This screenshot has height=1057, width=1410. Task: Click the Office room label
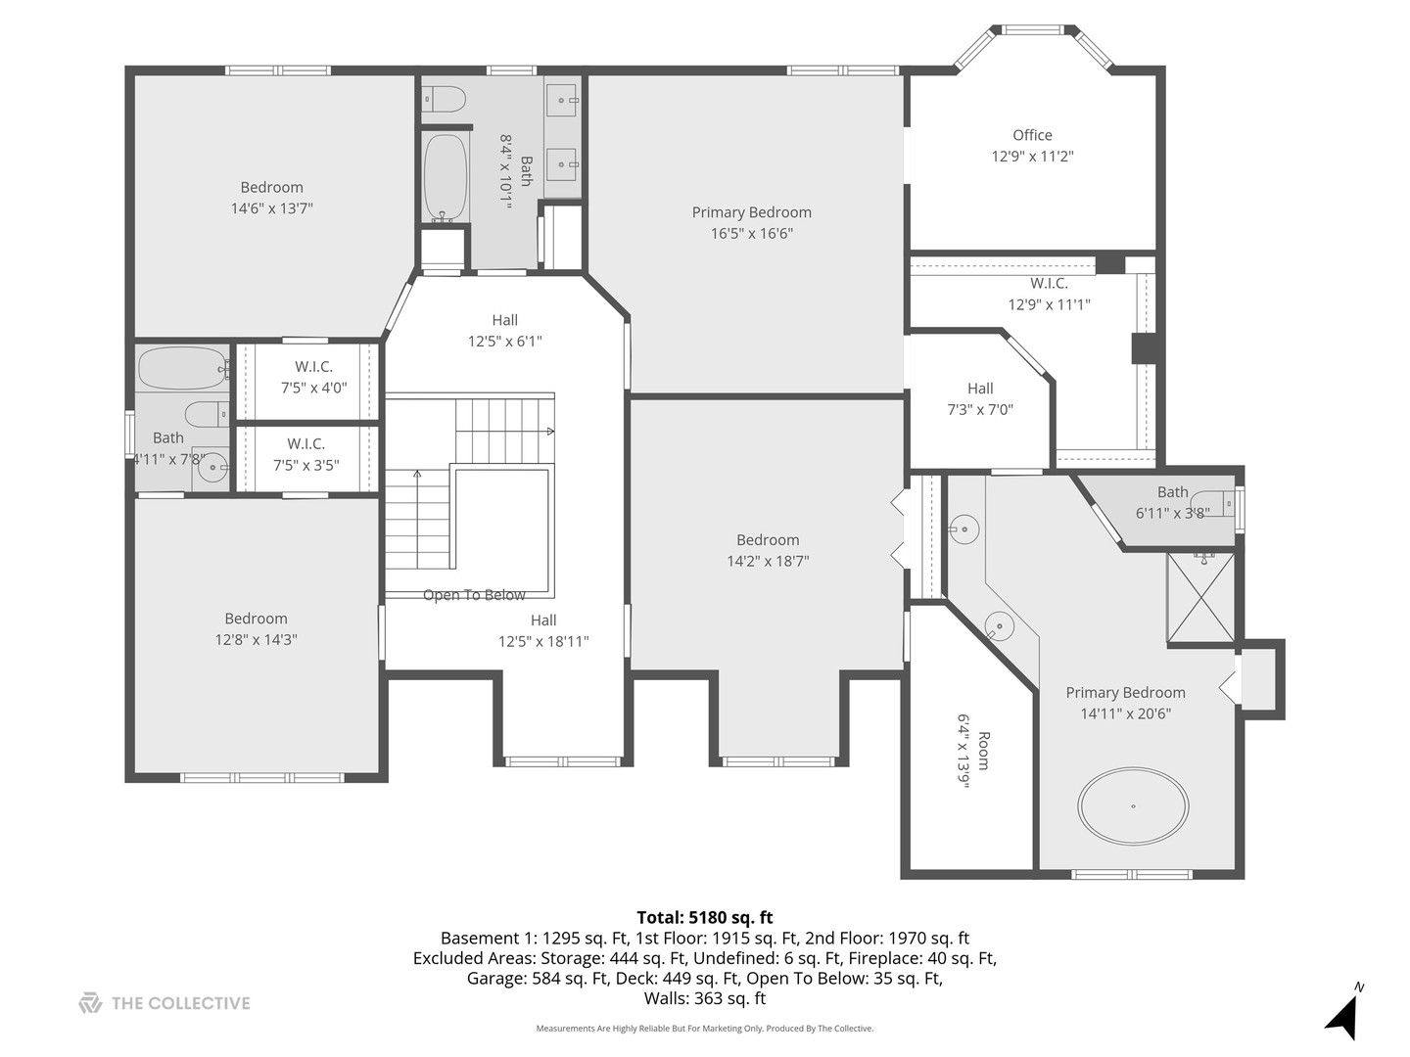pos(1032,135)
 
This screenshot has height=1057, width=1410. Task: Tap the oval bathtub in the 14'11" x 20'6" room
pos(1133,806)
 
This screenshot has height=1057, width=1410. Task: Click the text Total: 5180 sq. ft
pos(704,917)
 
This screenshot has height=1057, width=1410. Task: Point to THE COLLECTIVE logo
pos(164,1003)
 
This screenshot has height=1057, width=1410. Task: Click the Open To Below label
pos(474,595)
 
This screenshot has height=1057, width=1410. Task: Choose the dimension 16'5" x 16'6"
pos(751,234)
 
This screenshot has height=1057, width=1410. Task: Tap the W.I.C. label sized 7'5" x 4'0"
pos(313,367)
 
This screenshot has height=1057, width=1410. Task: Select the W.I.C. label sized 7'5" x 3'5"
pos(305,444)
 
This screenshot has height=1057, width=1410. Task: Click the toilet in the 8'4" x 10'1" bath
pos(446,98)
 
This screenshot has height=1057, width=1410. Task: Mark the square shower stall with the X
pos(1200,598)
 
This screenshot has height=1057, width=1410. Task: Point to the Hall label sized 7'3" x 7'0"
pos(980,389)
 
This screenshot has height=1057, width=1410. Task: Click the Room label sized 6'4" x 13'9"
pos(983,751)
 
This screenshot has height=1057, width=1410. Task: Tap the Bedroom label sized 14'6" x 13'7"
pos(271,188)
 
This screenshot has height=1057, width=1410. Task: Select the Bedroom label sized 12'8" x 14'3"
pos(256,619)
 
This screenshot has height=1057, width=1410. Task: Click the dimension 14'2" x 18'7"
pos(768,562)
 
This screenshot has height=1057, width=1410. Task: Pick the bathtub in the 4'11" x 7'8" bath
pos(182,368)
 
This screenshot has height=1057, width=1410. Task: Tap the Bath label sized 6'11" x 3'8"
pos(1172,492)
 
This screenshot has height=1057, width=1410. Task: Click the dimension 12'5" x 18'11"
pos(543,642)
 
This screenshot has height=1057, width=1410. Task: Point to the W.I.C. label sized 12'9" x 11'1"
pos(1049,284)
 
